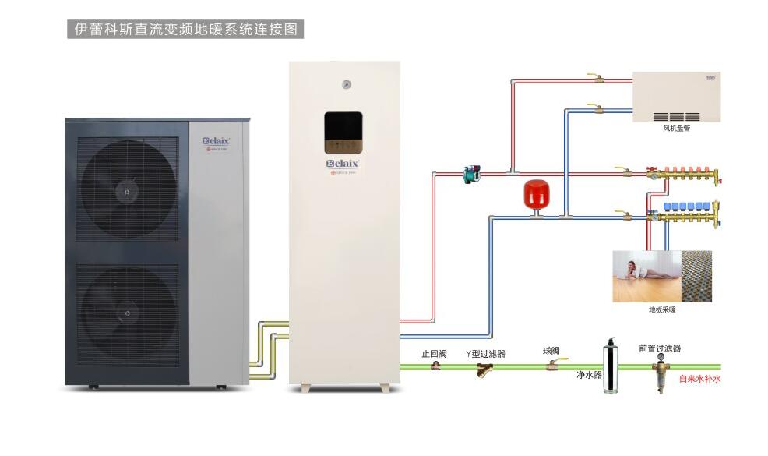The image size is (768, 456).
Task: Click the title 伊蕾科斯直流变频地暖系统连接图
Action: pyautogui.click(x=184, y=29)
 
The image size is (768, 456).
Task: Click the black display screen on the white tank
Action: pyautogui.click(x=343, y=130)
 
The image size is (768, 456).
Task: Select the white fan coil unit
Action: pyautogui.click(x=675, y=97)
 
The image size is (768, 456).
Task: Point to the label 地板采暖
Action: pyautogui.click(x=662, y=309)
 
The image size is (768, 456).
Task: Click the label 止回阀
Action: pyautogui.click(x=434, y=353)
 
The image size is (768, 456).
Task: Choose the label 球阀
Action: pyautogui.click(x=551, y=351)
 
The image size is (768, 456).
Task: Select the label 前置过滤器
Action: pyautogui.click(x=659, y=348)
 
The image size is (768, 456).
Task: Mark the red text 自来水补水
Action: pyautogui.click(x=699, y=380)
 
